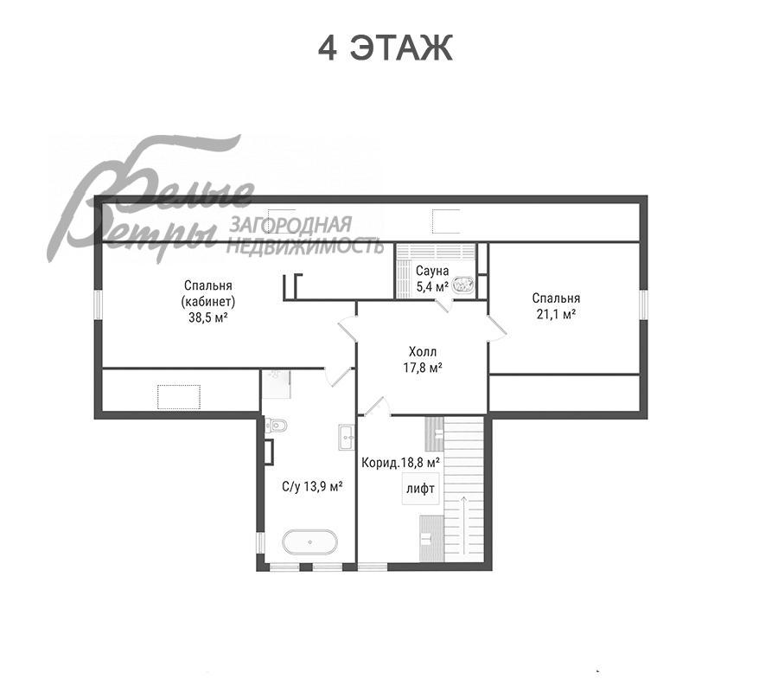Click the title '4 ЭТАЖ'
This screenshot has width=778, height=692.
tap(385, 48)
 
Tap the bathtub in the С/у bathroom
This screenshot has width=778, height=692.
tap(309, 541)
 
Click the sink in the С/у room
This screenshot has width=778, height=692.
tap(347, 437)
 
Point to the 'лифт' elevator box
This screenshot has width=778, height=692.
tap(420, 489)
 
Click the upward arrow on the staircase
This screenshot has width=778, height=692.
tap(464, 525)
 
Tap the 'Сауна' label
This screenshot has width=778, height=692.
tap(432, 271)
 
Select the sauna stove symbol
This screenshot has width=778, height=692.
tap(463, 285)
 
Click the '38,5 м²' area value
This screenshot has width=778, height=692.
tap(207, 317)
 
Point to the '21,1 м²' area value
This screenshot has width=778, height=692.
tap(556, 314)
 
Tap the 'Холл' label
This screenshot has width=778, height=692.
tap(423, 352)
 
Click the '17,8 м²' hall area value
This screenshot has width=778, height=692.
tap(423, 368)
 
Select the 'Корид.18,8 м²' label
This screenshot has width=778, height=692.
tap(401, 463)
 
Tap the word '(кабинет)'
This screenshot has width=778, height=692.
tap(207, 302)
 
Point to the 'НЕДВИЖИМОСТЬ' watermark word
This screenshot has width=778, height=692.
tap(306, 245)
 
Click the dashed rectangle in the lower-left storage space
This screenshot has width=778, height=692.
tap(179, 397)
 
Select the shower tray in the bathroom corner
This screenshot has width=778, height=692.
tap(276, 384)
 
